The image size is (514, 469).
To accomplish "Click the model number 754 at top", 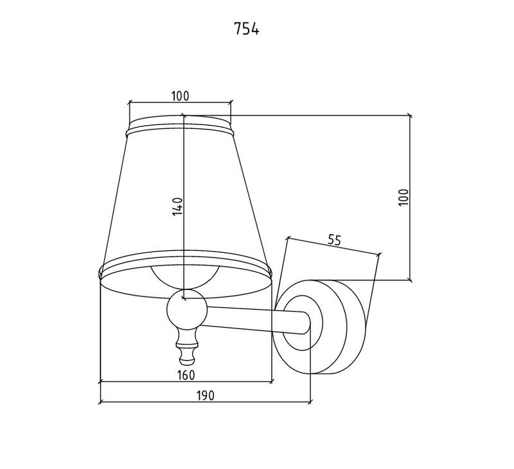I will tap(247, 30).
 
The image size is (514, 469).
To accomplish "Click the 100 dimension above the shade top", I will tap(180, 96).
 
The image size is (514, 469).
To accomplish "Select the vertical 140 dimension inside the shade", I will tap(178, 207).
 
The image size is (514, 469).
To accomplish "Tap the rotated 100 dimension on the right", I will tap(403, 197).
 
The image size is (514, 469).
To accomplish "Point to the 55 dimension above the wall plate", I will tap(334, 241).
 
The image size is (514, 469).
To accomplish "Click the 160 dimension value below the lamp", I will tap(186, 375).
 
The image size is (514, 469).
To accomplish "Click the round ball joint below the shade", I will tap(186, 312).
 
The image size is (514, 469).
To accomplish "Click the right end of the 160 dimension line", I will tap(272, 382).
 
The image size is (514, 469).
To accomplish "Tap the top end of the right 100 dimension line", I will tap(411, 116).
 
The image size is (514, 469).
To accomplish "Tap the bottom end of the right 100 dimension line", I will tap(411, 280).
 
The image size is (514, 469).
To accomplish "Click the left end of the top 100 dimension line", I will tap(129, 102).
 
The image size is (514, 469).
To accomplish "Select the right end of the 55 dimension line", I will tap(380, 254).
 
